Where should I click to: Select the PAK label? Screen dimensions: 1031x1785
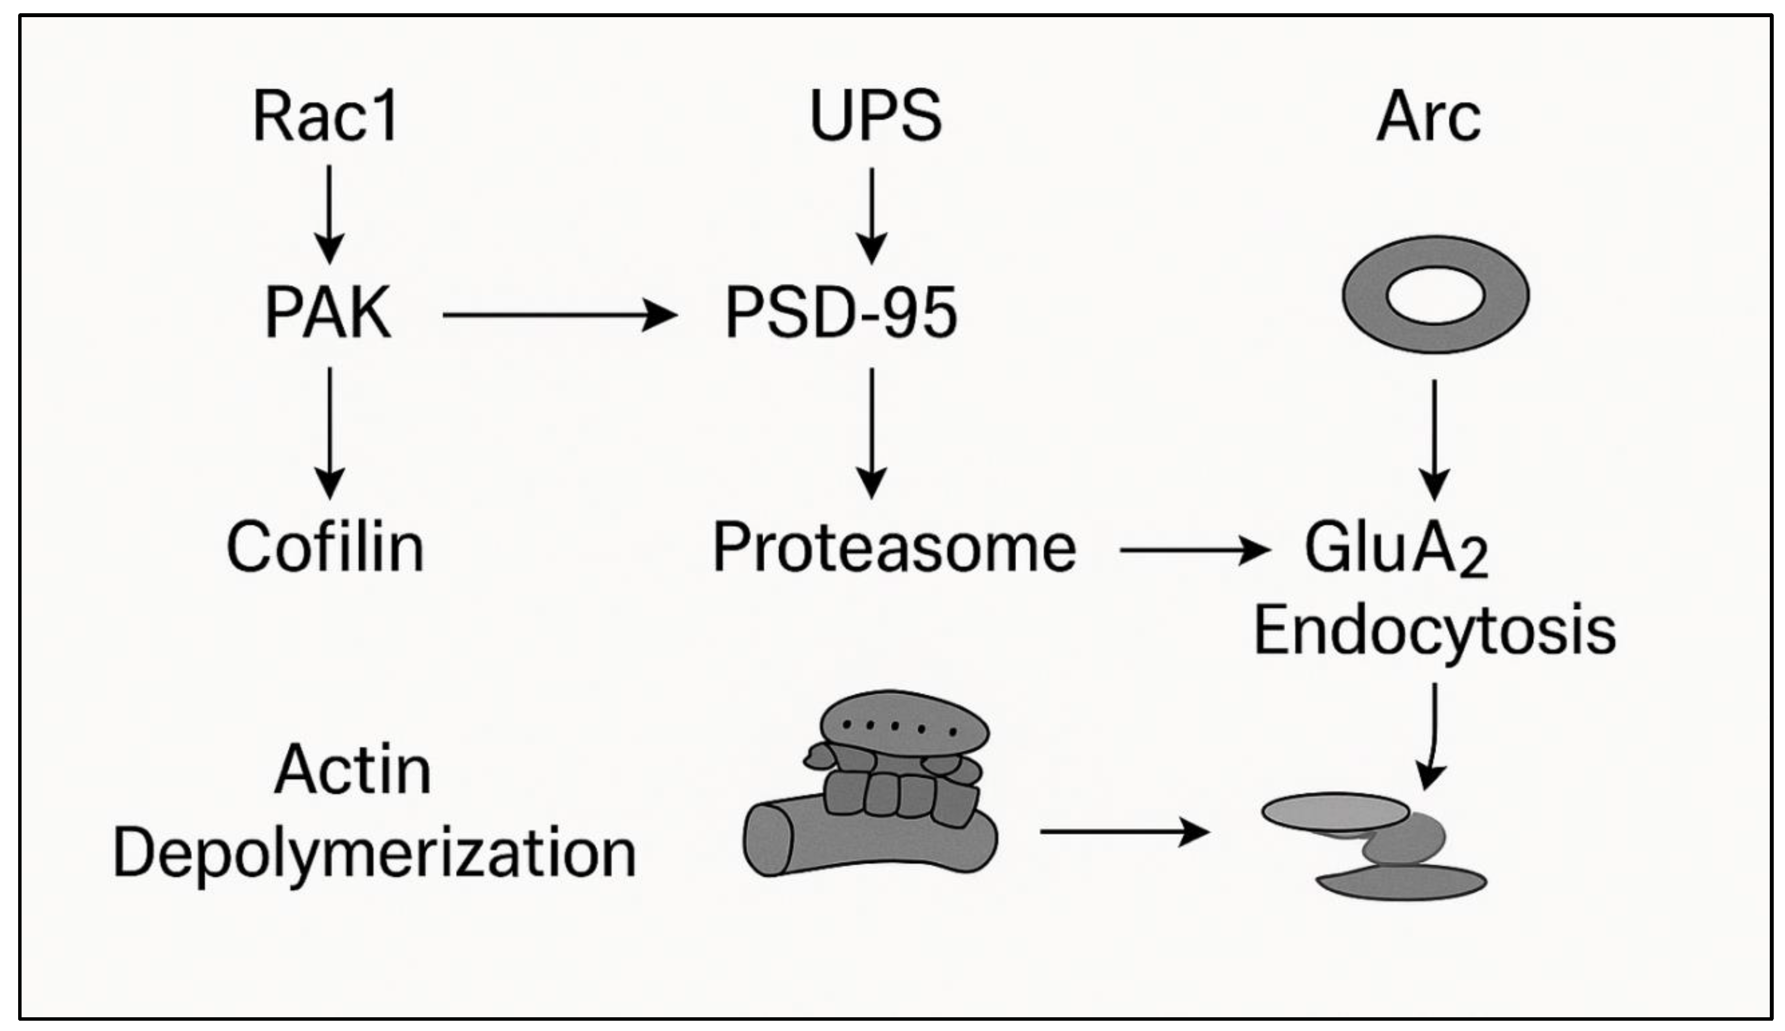pyautogui.click(x=328, y=312)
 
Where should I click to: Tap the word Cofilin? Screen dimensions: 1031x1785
pyautogui.click(x=325, y=547)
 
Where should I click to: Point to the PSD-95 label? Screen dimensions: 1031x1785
pyautogui.click(x=841, y=312)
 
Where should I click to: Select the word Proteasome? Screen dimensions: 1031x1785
pyautogui.click(x=894, y=547)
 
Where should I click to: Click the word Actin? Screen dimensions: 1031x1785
pyautogui.click(x=352, y=770)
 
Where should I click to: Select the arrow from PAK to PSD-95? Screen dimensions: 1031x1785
pyautogui.click(x=559, y=315)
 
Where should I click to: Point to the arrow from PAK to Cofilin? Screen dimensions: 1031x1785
pyautogui.click(x=329, y=432)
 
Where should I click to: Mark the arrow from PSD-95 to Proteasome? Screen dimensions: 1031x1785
pyautogui.click(x=872, y=432)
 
